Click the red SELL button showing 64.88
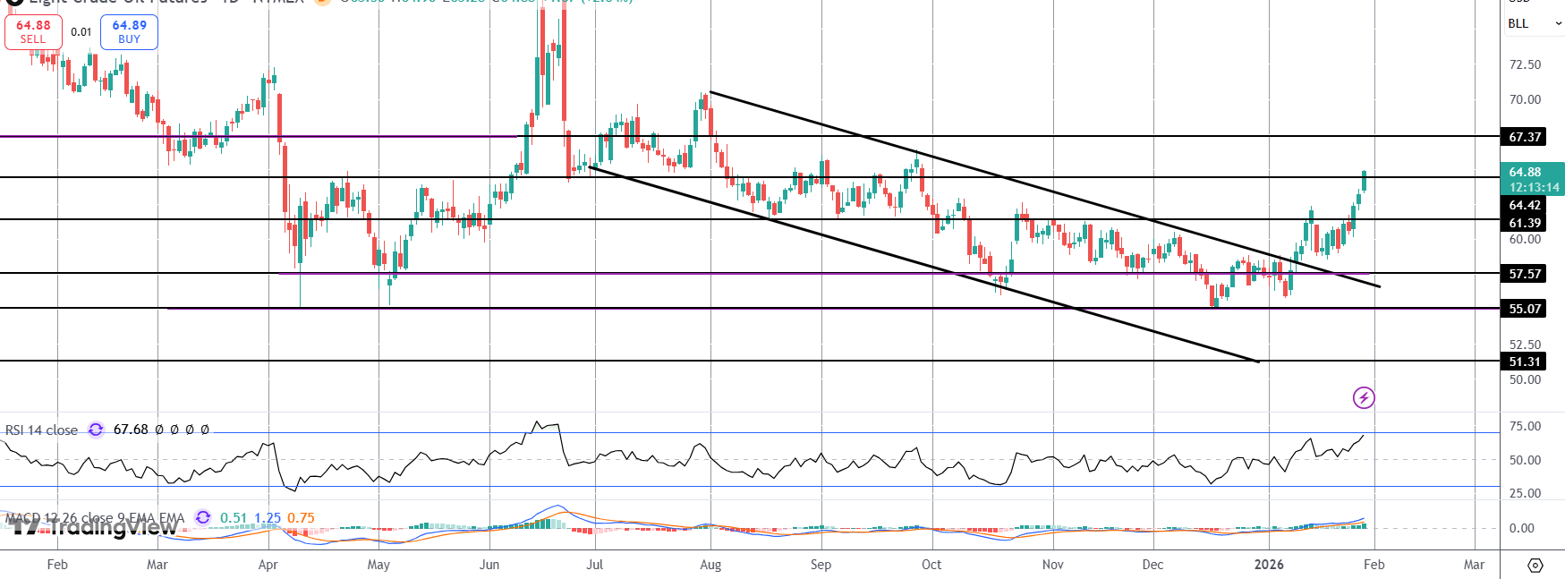coord(33,31)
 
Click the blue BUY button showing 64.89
coord(129,31)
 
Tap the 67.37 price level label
coord(1525,137)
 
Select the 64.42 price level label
coord(1525,205)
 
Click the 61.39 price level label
coord(1525,223)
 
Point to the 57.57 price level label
coord(1525,274)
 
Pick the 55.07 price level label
coord(1525,309)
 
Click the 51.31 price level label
coord(1525,362)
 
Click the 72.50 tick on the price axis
coord(1525,64)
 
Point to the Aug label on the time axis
coord(710,565)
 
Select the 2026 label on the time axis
coord(1269,565)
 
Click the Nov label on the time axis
coord(1053,565)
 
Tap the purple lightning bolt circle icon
coord(1364,397)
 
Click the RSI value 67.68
coord(131,430)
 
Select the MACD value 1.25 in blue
coord(267,518)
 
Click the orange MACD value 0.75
coord(301,518)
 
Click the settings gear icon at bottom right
coord(1535,566)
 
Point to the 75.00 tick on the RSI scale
coord(1525,426)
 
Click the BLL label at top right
coord(1518,23)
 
